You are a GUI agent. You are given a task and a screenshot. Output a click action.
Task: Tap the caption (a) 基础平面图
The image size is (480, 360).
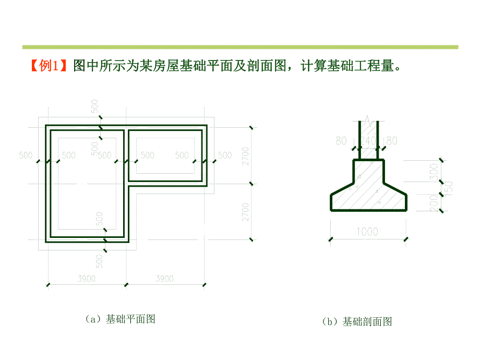pos(119,319)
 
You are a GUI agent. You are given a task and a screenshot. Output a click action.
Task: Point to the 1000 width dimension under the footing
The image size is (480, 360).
pos(368,231)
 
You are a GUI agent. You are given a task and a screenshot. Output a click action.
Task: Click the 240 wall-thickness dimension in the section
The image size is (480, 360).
pos(368,141)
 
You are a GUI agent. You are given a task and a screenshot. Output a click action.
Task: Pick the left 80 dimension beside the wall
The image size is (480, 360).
pos(342,141)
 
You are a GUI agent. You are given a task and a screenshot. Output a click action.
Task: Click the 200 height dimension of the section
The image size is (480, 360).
pos(434,203)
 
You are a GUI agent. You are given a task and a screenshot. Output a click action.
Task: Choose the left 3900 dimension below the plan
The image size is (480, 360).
pos(86,279)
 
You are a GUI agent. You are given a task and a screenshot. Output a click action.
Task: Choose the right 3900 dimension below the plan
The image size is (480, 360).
pos(164,279)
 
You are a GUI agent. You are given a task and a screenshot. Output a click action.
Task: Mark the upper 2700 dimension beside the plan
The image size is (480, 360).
pos(246,155)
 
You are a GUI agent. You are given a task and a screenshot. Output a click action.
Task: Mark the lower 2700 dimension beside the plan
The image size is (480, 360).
pos(246,212)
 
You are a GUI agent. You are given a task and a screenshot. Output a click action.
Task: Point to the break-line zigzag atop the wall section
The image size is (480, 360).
pos(369,119)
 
